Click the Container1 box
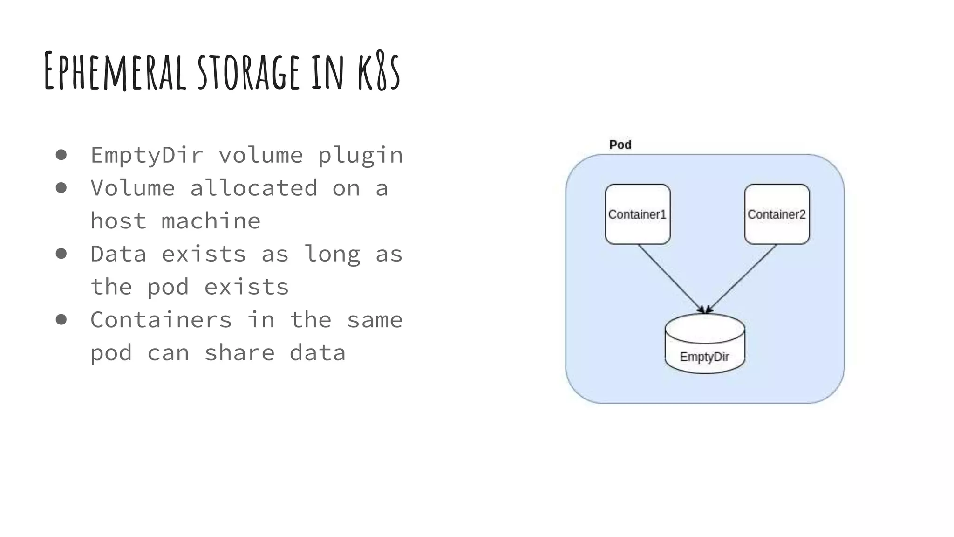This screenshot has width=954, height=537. point(637,214)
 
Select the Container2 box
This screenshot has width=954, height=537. point(777,214)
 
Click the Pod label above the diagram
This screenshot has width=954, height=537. point(620,145)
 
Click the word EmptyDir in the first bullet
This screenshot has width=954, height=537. point(147,155)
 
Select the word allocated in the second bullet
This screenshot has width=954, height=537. point(253,188)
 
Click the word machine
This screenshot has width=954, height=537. point(211,221)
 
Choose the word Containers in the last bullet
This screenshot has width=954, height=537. point(161,320)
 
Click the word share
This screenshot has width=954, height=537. point(239,352)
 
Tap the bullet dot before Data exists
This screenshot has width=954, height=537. point(61,254)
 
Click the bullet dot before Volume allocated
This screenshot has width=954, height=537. point(61,188)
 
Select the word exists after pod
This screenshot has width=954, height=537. point(246,287)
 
